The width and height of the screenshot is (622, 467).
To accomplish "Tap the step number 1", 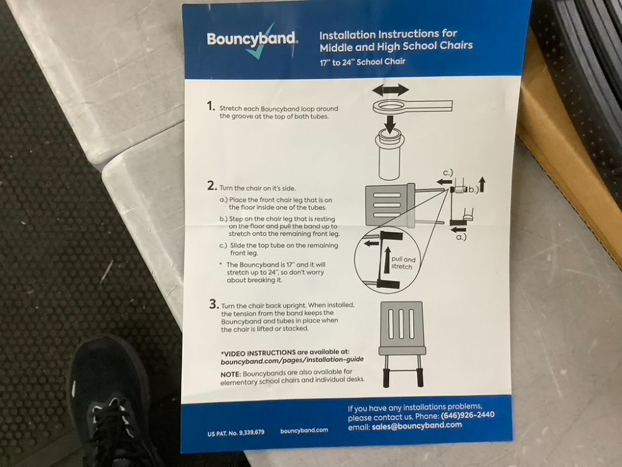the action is pyautogui.click(x=211, y=106).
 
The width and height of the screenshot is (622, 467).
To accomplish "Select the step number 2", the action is pyautogui.click(x=212, y=186).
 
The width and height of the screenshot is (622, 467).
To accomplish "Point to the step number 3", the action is pyautogui.click(x=214, y=304).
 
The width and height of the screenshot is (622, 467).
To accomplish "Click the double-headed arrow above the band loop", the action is pyautogui.click(x=391, y=90).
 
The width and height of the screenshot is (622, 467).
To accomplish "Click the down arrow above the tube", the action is pyautogui.click(x=391, y=125).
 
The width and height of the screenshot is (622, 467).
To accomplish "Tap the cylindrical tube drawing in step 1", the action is pyautogui.click(x=391, y=156).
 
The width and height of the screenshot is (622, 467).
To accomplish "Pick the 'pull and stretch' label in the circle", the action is pyautogui.click(x=403, y=263).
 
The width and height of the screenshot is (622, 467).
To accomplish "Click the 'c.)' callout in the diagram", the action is pyautogui.click(x=448, y=172).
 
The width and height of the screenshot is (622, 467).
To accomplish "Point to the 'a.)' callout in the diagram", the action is pyautogui.click(x=461, y=237).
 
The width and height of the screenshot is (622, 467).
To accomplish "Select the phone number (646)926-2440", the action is pyautogui.click(x=468, y=415).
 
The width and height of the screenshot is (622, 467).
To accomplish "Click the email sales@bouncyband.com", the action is pyautogui.click(x=417, y=426).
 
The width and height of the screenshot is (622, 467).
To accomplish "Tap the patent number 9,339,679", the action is pyautogui.click(x=251, y=433).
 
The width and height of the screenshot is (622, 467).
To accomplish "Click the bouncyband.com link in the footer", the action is pyautogui.click(x=304, y=430).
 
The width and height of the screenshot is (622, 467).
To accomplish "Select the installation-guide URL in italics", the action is pyautogui.click(x=292, y=361).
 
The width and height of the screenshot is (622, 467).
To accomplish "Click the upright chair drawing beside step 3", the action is pyautogui.click(x=402, y=344).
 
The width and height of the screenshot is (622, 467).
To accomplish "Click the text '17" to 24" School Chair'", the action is pyautogui.click(x=363, y=62).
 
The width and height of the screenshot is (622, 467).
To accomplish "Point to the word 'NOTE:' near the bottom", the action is pyautogui.click(x=231, y=374).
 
